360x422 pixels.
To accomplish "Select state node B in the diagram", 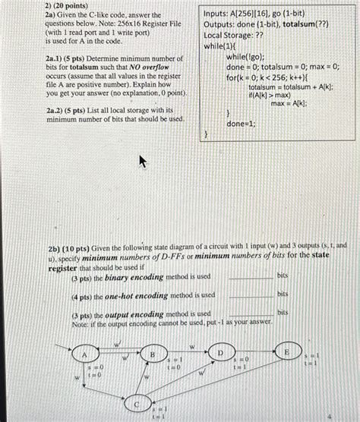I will [x=152, y=354].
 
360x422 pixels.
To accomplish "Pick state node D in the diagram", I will [x=220, y=353].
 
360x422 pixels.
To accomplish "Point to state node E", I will [x=286, y=352].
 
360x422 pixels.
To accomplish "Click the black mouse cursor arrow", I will [x=141, y=161].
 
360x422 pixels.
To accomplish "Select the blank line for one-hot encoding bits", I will [x=250, y=296].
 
